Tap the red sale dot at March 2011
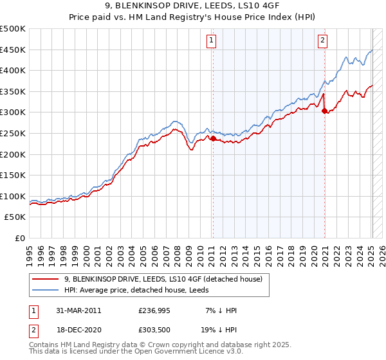[213, 138]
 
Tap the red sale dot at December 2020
[324, 110]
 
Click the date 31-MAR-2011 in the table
[78, 310]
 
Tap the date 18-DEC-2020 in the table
[78, 330]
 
